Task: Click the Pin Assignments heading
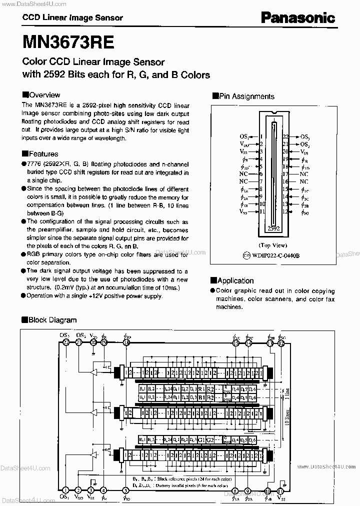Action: tap(243, 96)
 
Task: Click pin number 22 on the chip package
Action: tap(286, 136)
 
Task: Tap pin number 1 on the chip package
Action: tap(261, 136)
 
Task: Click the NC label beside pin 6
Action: tap(243, 174)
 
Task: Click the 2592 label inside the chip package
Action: tap(273, 228)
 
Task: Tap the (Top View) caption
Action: tap(272, 245)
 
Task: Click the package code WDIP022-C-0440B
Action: tap(275, 255)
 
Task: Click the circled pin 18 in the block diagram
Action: tap(126, 342)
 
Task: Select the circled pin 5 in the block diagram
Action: tap(104, 491)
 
